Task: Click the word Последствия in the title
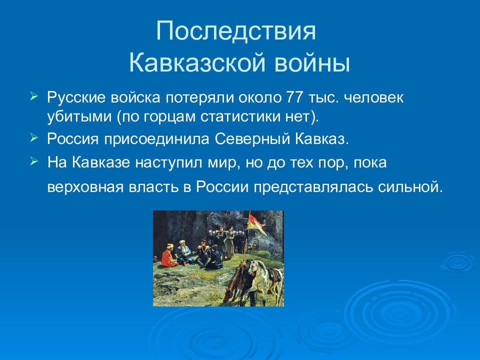[235, 31]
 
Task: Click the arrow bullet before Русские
[33, 96]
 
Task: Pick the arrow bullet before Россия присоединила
[33, 138]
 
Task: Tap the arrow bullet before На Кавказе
[33, 161]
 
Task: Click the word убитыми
[79, 117]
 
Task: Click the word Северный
[252, 139]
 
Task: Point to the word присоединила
[156, 140]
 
